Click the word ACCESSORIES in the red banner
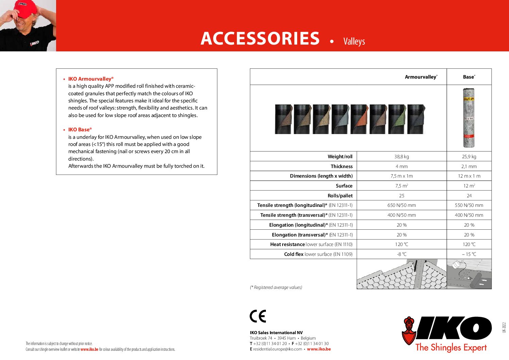point(260,38)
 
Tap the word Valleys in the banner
point(354,42)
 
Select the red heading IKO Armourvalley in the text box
point(90,79)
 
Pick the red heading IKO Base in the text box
point(80,130)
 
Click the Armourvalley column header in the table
point(421,77)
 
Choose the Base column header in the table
point(469,77)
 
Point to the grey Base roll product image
point(469,118)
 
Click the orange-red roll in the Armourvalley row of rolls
point(359,119)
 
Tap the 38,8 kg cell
point(402,157)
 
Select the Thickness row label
point(341,166)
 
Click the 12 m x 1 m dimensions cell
point(469,176)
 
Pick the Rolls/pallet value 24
point(469,196)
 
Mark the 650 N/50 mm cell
point(402,205)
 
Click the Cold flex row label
point(318,254)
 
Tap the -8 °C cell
point(402,254)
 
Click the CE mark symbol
point(258,316)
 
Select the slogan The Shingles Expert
point(451,347)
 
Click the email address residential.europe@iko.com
point(277,349)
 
